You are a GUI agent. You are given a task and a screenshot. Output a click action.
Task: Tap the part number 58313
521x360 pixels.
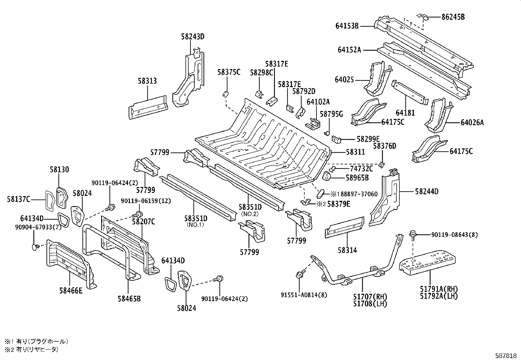(147, 81)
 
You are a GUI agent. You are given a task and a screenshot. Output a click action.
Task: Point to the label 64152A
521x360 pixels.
(349, 50)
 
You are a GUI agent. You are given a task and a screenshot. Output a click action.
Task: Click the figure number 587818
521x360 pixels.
(506, 355)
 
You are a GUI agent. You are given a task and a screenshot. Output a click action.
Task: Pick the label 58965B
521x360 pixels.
(357, 178)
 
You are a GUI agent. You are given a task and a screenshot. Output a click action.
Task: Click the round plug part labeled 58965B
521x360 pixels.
(328, 177)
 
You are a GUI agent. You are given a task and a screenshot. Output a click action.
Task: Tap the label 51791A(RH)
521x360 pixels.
(439, 289)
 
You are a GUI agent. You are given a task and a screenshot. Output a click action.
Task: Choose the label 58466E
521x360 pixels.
(71, 290)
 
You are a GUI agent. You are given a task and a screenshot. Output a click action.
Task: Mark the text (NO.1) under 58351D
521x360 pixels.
(195, 225)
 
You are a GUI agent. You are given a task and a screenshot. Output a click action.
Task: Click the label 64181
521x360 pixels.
(405, 113)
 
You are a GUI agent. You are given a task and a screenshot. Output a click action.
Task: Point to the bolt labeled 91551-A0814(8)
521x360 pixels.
(299, 275)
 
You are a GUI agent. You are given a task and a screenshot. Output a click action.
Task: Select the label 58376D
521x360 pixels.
(385, 146)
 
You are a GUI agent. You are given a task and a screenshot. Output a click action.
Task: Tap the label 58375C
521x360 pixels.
(228, 72)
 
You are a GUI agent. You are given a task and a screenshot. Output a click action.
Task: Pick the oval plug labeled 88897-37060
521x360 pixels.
(320, 193)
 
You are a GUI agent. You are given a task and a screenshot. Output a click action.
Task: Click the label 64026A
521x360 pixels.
(472, 123)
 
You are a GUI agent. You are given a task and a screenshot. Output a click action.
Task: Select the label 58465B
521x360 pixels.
(129, 298)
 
